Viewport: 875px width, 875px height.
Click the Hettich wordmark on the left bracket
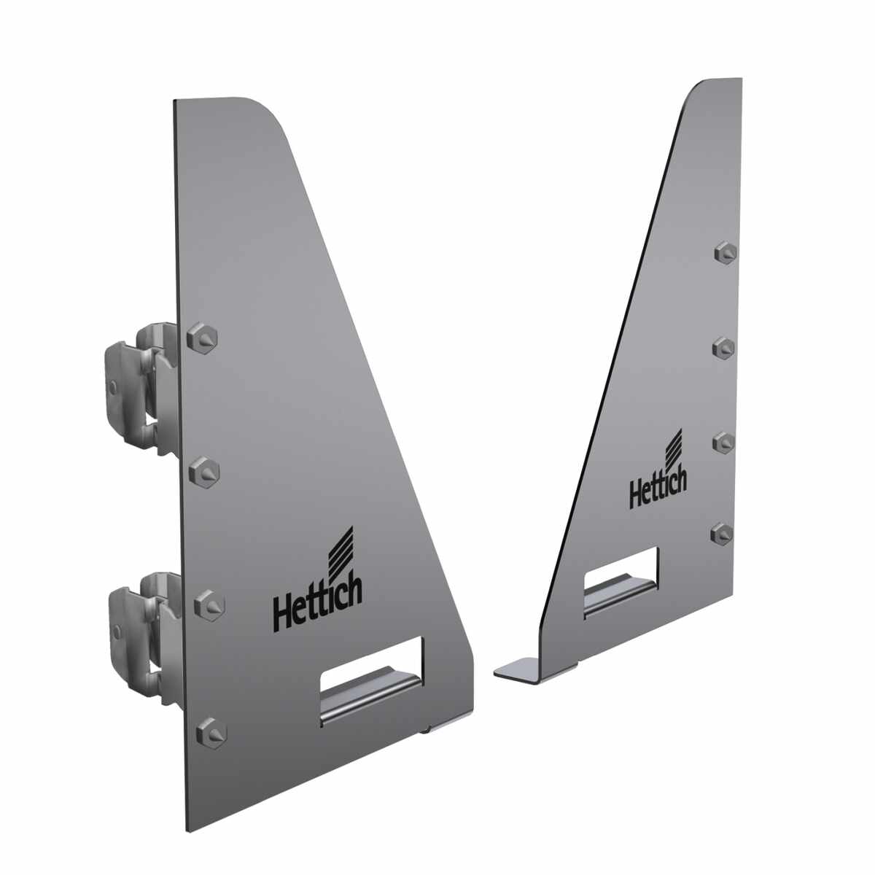[317, 603]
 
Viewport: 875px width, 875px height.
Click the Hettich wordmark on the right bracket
[658, 489]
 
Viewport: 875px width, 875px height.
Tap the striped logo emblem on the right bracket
[673, 448]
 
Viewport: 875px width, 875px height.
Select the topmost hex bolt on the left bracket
[202, 338]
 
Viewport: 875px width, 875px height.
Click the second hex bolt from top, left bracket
[204, 472]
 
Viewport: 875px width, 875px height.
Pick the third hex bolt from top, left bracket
[209, 606]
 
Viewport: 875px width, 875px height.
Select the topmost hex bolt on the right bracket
[725, 252]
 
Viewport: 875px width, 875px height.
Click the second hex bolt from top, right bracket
[723, 349]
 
